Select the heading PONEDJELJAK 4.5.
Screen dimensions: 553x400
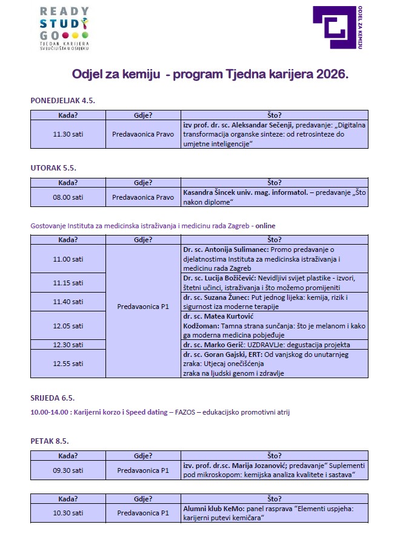coord(63,101)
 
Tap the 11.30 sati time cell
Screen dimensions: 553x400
coord(68,134)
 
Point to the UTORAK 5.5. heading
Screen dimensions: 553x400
coord(53,168)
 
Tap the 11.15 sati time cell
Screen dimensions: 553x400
coord(68,283)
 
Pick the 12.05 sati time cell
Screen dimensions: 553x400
coord(68,325)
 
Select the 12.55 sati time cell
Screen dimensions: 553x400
coord(68,364)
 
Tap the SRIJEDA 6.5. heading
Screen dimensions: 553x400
coord(53,398)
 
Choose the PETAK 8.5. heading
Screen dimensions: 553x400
coord(50,441)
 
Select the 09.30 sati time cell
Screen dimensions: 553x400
coord(68,470)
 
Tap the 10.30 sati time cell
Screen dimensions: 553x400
coord(68,514)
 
